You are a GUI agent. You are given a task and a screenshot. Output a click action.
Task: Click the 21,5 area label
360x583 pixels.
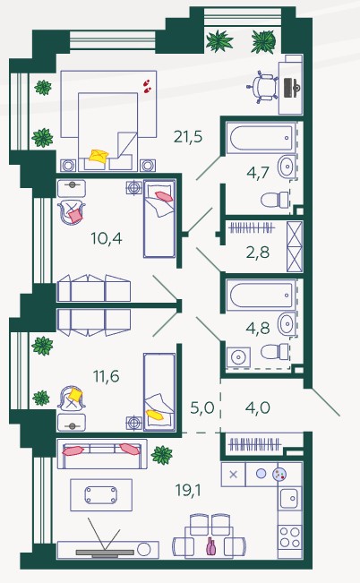(188, 137)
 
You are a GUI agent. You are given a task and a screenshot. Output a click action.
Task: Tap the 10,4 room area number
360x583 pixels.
(107, 238)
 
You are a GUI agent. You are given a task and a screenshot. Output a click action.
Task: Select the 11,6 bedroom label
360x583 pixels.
(107, 376)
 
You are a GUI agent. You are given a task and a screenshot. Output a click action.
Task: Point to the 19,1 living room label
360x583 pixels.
(188, 491)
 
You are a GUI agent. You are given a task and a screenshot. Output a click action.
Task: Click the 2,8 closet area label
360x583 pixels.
(258, 253)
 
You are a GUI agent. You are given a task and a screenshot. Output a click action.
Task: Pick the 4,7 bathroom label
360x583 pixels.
(258, 173)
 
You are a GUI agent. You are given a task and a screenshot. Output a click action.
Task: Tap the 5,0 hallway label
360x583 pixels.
(202, 407)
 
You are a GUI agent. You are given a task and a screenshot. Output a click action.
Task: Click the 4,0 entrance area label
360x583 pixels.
(258, 407)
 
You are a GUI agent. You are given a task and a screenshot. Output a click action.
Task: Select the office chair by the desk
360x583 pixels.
(262, 88)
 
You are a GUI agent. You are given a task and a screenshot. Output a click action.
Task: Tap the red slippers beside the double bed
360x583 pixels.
(147, 86)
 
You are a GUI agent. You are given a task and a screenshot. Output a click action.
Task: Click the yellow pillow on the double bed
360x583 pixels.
(99, 156)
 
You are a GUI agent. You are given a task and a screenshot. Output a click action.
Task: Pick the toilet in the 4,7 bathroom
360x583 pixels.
(275, 200)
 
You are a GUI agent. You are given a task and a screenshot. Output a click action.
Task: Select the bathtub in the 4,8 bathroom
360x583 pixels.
(261, 296)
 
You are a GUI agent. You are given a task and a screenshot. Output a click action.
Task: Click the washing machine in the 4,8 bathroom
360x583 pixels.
(238, 357)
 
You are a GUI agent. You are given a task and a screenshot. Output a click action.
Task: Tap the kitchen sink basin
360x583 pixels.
(289, 498)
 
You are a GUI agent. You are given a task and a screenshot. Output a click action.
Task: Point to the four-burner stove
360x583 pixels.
(290, 537)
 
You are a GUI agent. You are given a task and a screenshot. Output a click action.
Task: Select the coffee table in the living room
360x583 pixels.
(101, 495)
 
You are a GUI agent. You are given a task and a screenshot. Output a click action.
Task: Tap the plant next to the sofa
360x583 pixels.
(162, 455)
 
